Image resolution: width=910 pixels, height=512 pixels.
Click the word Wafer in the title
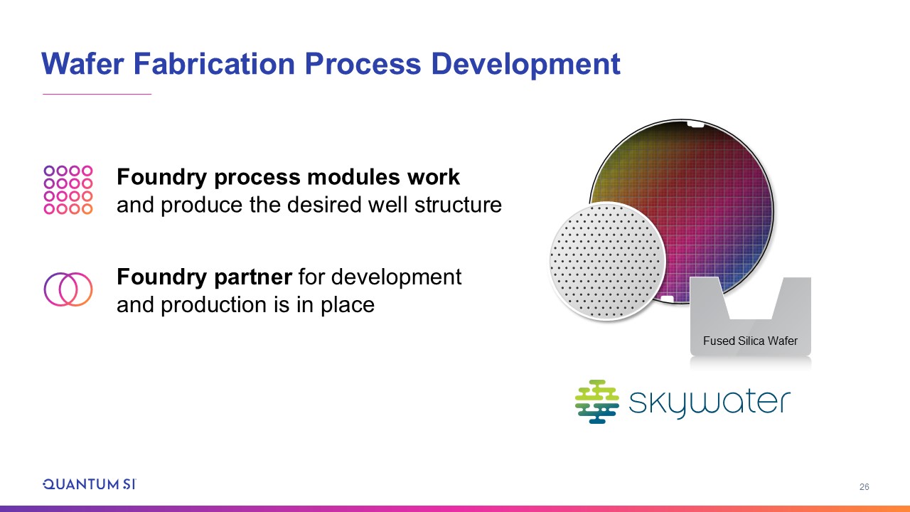point(82,64)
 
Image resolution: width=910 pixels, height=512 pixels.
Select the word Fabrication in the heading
point(214,64)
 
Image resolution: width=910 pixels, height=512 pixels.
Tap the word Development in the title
point(525,65)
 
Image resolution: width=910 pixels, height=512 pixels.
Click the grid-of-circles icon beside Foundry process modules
point(68,190)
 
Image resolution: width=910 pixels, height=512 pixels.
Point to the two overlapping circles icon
point(68,289)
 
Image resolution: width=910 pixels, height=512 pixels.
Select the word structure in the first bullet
point(458,204)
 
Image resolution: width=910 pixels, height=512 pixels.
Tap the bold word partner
point(252,278)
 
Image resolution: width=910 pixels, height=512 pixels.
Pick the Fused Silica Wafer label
point(750,341)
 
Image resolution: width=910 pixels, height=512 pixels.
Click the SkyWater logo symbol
point(596,402)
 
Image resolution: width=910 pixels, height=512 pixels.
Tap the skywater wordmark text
point(710,403)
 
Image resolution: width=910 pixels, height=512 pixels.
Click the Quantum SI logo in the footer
point(90,484)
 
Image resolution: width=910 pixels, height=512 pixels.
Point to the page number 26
point(864,487)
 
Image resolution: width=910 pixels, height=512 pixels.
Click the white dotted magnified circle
point(607,261)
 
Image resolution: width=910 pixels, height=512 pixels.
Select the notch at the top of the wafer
point(695,124)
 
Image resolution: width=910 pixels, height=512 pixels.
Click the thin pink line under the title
point(97,95)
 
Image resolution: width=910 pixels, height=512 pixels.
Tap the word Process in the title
point(363,64)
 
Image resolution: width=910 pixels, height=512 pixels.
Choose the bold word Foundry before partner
point(161,278)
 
